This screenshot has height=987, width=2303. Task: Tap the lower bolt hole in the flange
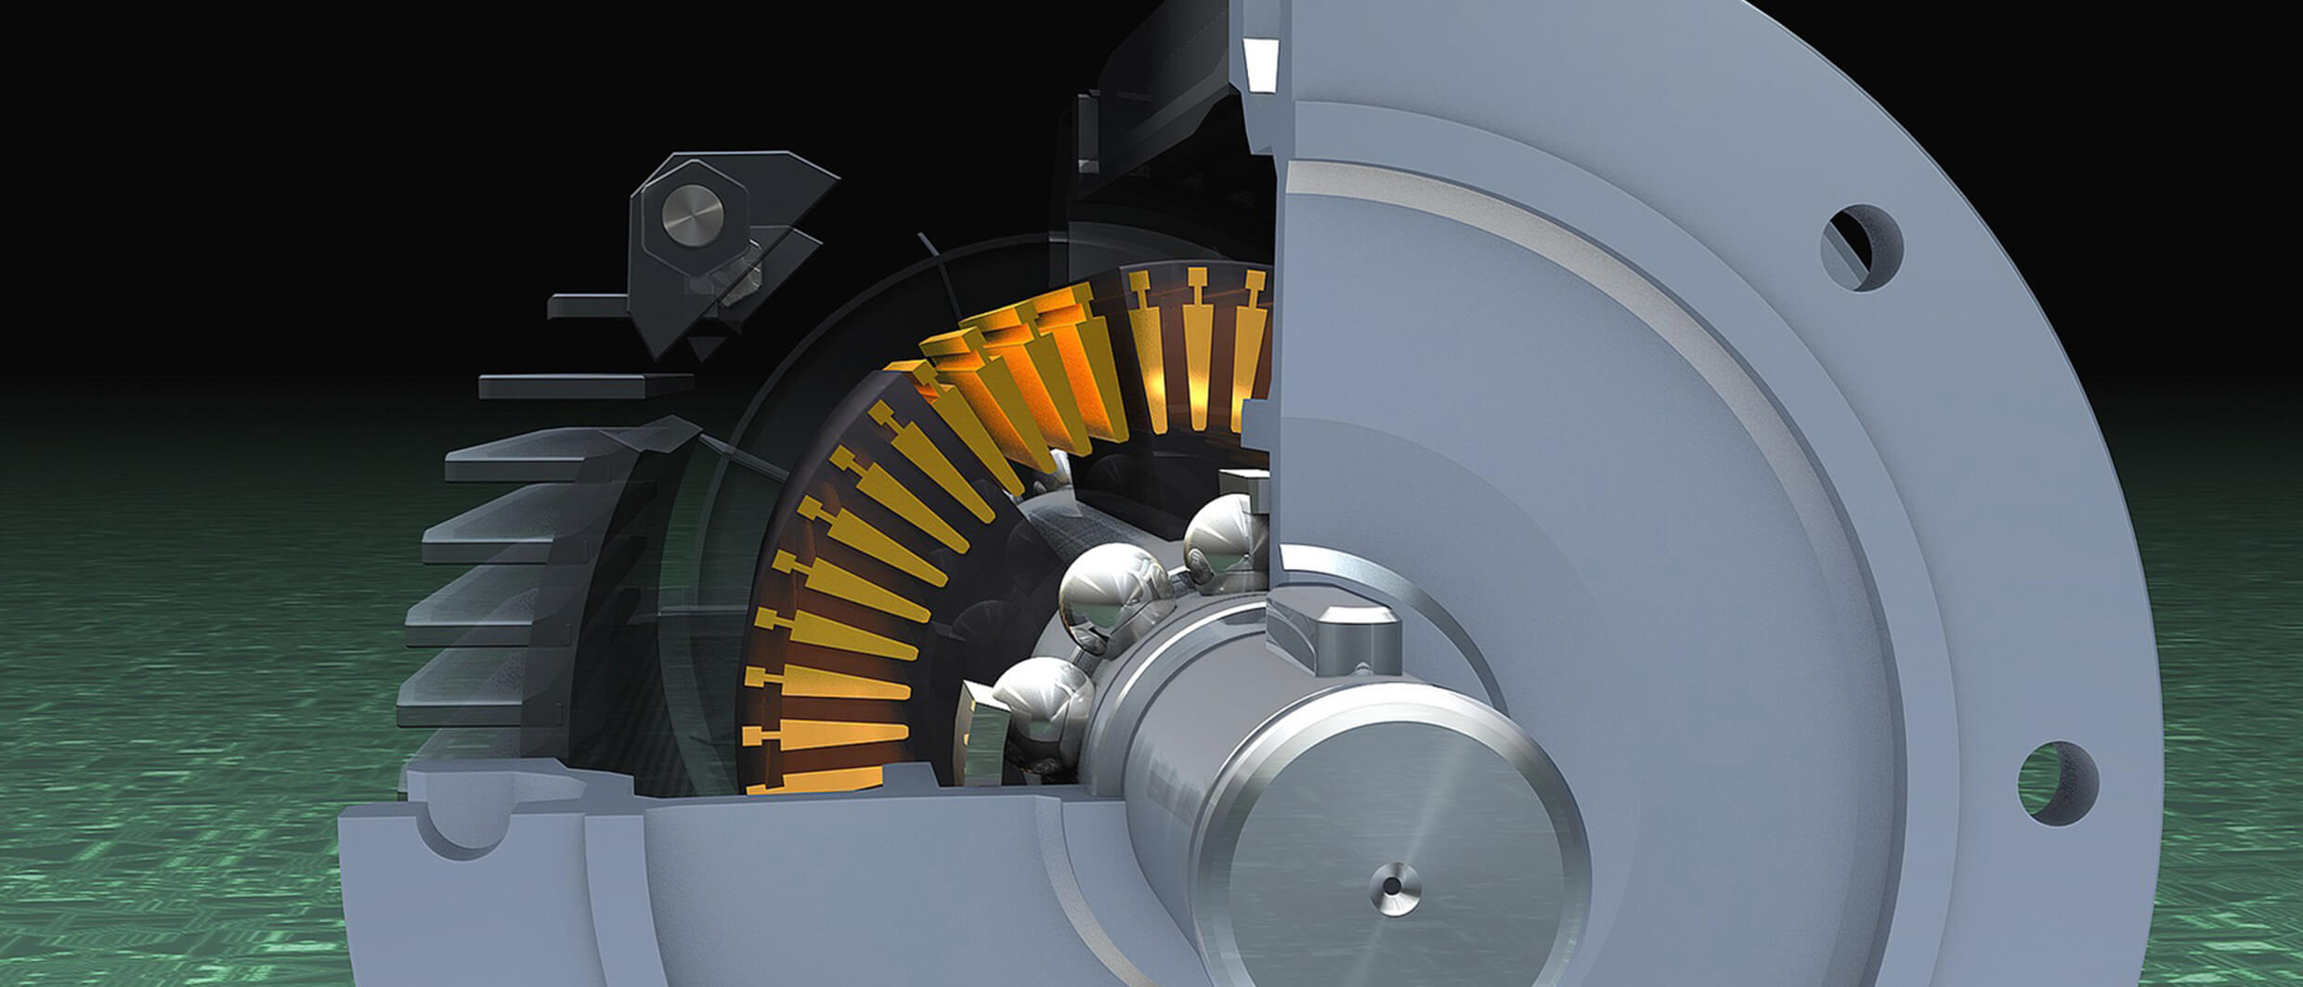tap(2058, 782)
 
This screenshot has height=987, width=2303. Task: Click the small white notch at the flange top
tap(1260, 62)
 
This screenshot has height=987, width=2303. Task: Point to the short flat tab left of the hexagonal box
tap(589, 305)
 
